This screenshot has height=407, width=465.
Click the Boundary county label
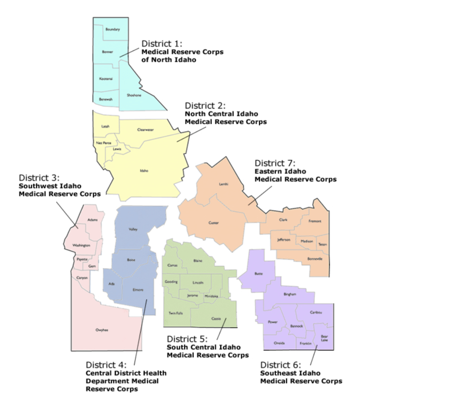[112, 29]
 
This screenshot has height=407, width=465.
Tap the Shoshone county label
[134, 95]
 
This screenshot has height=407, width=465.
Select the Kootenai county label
[106, 79]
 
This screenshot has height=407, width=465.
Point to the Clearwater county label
[145, 130]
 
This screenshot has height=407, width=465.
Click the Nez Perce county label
[104, 143]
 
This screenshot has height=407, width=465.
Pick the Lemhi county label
[223, 184]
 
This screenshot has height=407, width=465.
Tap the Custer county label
[214, 223]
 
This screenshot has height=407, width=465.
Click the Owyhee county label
[102, 330]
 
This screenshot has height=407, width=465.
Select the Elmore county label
[138, 290]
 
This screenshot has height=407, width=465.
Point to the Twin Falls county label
[175, 313]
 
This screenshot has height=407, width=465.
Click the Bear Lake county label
[324, 338]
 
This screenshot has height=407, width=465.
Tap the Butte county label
[258, 274]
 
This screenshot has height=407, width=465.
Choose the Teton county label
[322, 244]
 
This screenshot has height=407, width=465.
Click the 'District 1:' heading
[162, 44]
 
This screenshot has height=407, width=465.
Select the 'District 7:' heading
[275, 163]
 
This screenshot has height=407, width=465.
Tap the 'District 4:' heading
[106, 365]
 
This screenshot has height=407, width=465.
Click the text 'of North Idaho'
[169, 60]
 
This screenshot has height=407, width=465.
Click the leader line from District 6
[314, 355]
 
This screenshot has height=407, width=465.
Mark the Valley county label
[133, 229]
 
